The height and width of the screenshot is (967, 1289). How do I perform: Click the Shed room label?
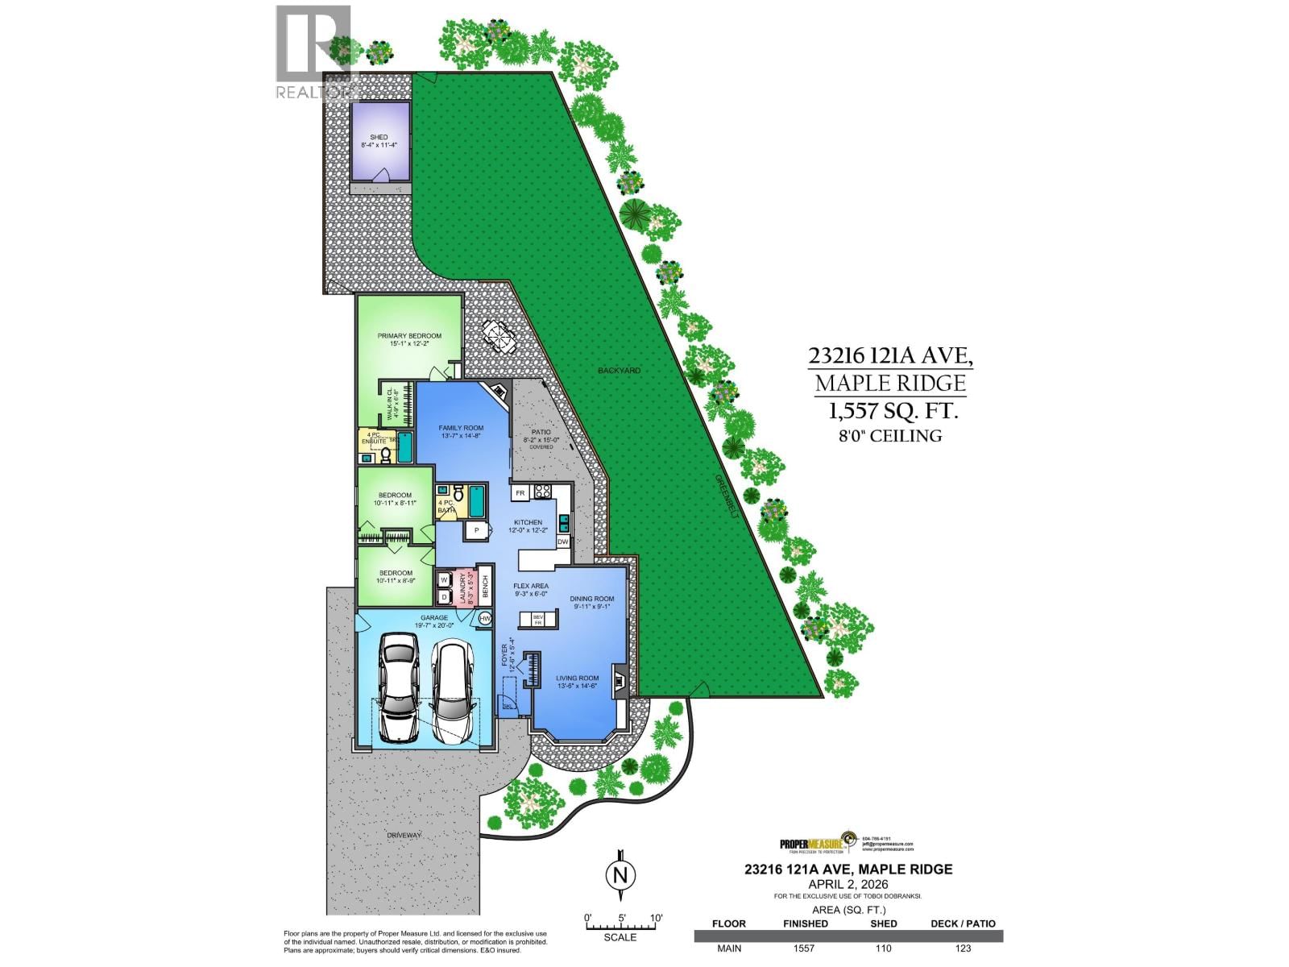coord(379,142)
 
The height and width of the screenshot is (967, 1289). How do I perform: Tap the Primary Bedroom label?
coord(409,339)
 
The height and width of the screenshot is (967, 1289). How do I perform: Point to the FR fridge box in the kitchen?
coord(520,492)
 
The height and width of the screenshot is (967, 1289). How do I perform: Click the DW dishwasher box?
coord(562,542)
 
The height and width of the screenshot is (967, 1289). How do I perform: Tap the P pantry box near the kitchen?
coord(476,530)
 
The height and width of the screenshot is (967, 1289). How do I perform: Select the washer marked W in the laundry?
coord(444,579)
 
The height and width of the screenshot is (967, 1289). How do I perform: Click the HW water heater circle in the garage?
coord(484,617)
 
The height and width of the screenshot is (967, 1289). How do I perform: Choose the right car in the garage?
coord(453,690)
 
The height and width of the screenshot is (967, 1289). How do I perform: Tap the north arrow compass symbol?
coord(620,875)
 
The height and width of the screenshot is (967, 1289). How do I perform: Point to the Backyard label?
coord(619,371)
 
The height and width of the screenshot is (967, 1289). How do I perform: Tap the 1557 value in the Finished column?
coord(804,948)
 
